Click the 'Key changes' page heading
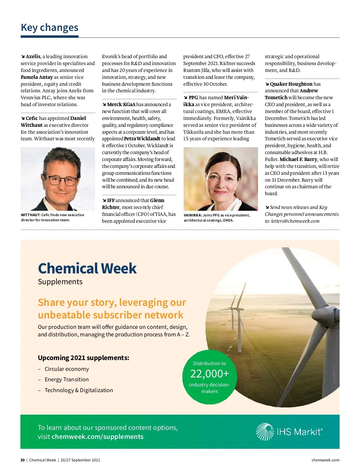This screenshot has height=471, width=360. point(49,28)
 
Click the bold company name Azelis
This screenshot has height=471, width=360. point(33,56)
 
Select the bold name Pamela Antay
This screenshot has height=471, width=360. point(37,77)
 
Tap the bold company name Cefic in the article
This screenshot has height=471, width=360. point(32,118)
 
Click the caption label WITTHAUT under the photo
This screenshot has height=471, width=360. point(30,215)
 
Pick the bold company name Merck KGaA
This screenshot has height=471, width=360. point(121,104)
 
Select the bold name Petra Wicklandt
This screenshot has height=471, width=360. point(142,139)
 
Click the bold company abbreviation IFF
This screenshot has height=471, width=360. point(111,200)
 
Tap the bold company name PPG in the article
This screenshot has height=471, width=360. point(193,97)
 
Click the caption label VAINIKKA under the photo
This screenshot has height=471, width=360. point(193,215)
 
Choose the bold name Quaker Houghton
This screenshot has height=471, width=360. point(291,84)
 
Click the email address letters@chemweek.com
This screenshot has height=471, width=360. point(295,221)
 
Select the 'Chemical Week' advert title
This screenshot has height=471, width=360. point(87,268)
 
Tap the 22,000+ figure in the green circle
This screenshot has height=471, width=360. point(209,374)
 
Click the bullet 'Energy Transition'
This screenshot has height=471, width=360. point(67,380)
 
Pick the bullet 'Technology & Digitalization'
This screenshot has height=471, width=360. point(79,390)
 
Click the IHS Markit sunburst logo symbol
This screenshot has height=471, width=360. point(265,432)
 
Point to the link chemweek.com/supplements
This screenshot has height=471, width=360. point(97,437)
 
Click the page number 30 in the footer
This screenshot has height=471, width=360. point(22,460)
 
